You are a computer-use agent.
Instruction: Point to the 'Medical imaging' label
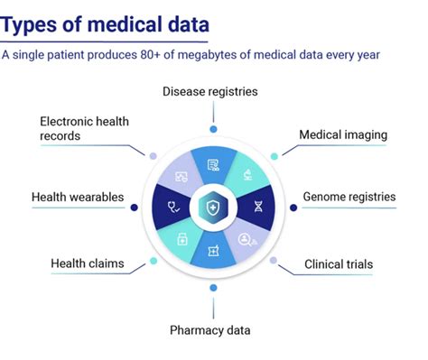pyautogui.click(x=344, y=135)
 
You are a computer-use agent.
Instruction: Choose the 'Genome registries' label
pyautogui.click(x=349, y=197)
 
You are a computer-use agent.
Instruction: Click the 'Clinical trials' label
pyautogui.click(x=338, y=264)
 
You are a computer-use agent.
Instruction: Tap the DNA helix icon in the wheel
pyautogui.click(x=258, y=207)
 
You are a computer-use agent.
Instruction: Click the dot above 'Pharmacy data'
pyautogui.click(x=213, y=288)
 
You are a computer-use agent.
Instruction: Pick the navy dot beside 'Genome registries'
pyautogui.click(x=293, y=208)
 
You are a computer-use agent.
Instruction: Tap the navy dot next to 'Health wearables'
pyautogui.click(x=134, y=208)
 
